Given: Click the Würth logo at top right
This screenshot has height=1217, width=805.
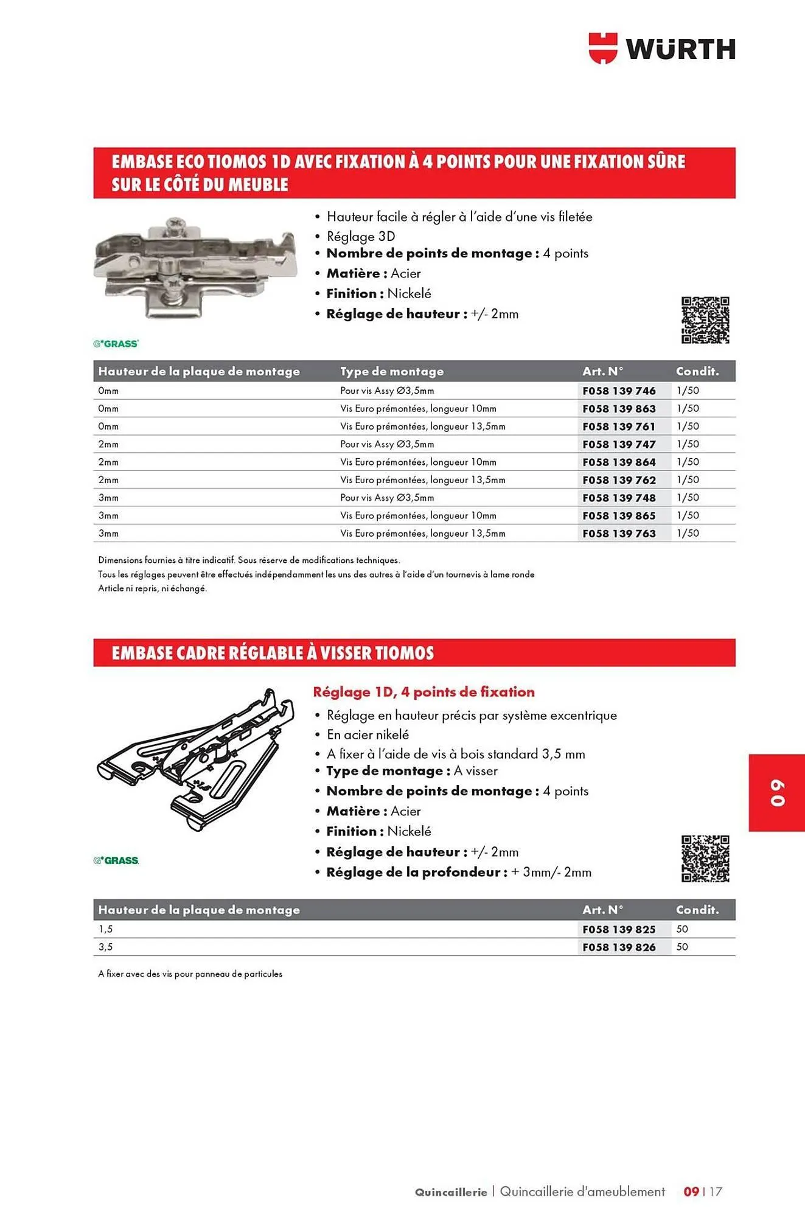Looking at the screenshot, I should [x=662, y=49].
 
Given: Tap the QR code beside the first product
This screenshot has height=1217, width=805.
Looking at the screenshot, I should [x=705, y=320].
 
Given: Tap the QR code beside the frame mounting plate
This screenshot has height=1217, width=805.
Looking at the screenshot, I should [x=705, y=859].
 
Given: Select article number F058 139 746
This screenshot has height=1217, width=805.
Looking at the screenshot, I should [x=619, y=391].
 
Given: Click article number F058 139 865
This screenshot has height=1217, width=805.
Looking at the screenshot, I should [x=619, y=515].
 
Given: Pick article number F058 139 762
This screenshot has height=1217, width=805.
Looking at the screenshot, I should [x=619, y=480].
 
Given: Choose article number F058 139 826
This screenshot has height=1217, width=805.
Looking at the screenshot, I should [x=619, y=947].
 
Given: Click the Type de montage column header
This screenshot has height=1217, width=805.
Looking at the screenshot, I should [x=392, y=371].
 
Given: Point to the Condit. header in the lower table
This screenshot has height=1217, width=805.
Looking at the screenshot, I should [x=697, y=910].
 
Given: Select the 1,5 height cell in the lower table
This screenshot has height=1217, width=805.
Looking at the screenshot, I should [x=106, y=929].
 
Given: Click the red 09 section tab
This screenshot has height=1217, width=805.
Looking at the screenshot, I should [x=777, y=793].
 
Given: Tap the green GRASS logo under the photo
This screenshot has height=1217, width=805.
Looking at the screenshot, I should [x=116, y=344].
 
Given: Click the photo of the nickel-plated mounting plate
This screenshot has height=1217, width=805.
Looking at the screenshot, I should [x=195, y=268].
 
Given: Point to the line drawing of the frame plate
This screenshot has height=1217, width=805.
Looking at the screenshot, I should [x=195, y=760].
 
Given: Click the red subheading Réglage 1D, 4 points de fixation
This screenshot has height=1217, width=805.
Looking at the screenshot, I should [x=423, y=692].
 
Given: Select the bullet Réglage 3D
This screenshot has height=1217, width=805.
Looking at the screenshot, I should [x=361, y=236].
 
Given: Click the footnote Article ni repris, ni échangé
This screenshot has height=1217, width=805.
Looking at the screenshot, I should [x=153, y=588].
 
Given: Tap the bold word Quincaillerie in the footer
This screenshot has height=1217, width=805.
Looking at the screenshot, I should [x=451, y=1192].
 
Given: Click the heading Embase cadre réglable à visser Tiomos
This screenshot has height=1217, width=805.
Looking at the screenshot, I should [x=273, y=653].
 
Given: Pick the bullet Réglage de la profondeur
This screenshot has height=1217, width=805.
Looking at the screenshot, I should [x=458, y=872].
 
